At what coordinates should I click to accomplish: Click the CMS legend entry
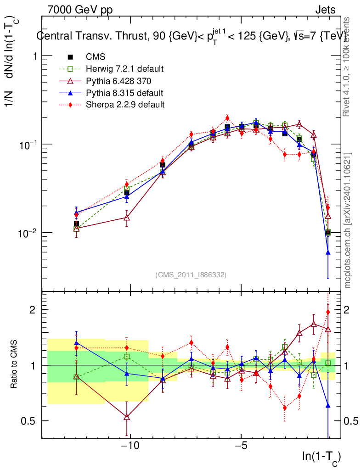pos(96,57)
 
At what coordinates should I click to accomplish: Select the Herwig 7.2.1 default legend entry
pos(124,69)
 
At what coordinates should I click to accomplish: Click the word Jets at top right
pos(325,10)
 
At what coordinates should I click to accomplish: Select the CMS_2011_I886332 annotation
pos(191,274)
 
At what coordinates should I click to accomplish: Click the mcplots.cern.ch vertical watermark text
pos(348,220)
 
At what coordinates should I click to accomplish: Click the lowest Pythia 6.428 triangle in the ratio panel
pos(127,417)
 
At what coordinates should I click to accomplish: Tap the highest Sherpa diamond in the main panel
pos(227,118)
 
